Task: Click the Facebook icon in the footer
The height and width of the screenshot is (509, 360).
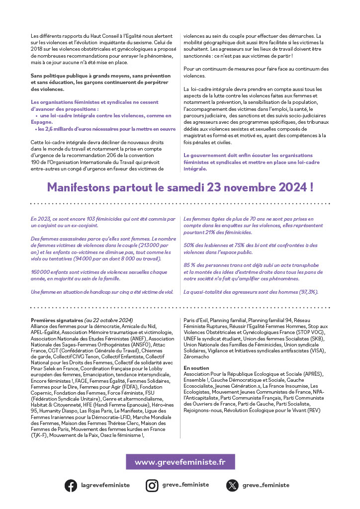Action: (71, 485)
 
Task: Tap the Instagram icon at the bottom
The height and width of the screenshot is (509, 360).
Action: (152, 485)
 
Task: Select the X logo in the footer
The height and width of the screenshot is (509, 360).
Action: (232, 485)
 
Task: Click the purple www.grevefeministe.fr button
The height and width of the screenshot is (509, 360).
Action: (180, 462)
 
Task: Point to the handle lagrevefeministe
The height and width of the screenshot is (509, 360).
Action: (105, 485)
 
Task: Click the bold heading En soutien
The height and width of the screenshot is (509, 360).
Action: (196, 368)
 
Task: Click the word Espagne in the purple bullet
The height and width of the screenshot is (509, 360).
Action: (42, 122)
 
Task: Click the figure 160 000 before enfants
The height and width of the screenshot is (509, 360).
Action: (41, 272)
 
